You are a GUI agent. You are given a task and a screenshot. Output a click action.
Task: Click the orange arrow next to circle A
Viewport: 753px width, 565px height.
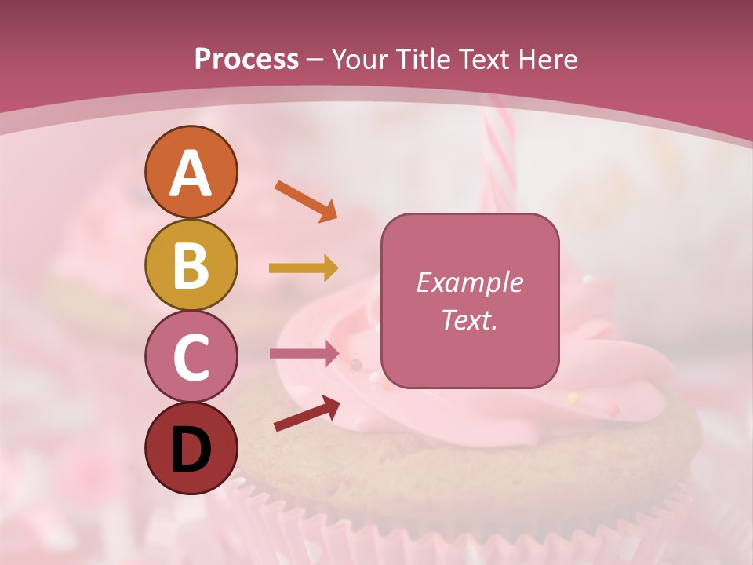306,200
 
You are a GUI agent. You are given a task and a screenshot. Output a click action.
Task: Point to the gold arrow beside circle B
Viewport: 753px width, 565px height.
304,268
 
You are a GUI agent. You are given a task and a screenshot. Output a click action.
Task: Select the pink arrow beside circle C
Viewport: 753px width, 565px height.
304,354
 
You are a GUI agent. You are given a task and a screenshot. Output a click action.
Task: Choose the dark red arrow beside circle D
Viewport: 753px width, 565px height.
307,413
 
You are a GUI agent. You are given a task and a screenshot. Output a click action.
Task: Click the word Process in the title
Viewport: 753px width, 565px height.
246,59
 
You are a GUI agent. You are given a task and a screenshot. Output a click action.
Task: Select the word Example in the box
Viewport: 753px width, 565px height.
469,283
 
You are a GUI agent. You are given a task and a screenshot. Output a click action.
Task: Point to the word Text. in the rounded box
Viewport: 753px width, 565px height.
469,319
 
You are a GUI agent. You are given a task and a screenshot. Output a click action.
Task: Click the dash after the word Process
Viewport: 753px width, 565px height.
315,60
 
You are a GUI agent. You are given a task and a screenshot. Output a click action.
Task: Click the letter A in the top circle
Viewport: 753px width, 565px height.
191,173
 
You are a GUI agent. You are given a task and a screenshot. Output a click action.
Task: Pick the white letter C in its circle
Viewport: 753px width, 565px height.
191,358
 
